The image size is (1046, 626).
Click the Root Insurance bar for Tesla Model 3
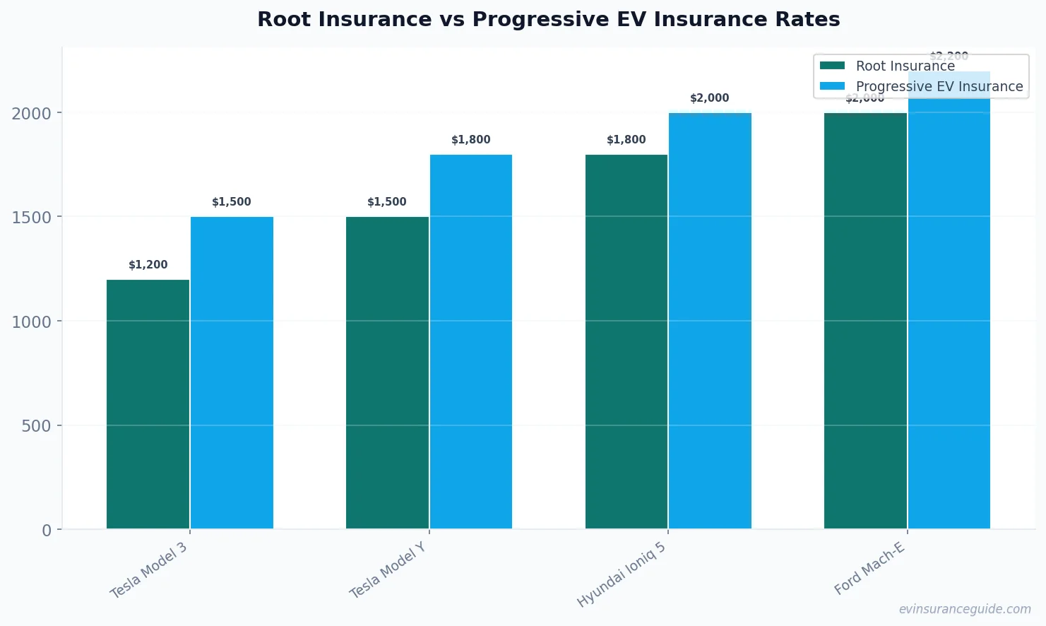click(x=148, y=404)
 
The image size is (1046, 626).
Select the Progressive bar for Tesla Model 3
click(x=232, y=372)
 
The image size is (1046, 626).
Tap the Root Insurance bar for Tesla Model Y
click(x=387, y=372)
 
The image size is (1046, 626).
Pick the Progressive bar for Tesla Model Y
click(x=470, y=341)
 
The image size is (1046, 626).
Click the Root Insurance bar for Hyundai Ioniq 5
click(x=626, y=341)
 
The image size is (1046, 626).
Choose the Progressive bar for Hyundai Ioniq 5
click(x=710, y=321)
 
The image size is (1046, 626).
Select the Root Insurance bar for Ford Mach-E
click(x=865, y=321)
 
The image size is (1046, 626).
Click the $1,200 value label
click(x=148, y=265)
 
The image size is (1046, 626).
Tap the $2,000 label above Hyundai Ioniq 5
click(x=709, y=98)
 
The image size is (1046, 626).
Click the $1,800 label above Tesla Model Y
click(x=470, y=140)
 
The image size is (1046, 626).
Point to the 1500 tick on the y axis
click(x=32, y=218)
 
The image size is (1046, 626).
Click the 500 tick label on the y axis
click(x=37, y=426)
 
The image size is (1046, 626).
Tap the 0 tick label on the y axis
click(x=47, y=531)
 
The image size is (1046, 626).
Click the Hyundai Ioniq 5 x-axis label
click(x=622, y=575)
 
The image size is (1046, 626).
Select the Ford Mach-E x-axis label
click(x=869, y=569)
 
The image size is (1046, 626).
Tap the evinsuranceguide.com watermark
click(x=964, y=609)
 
